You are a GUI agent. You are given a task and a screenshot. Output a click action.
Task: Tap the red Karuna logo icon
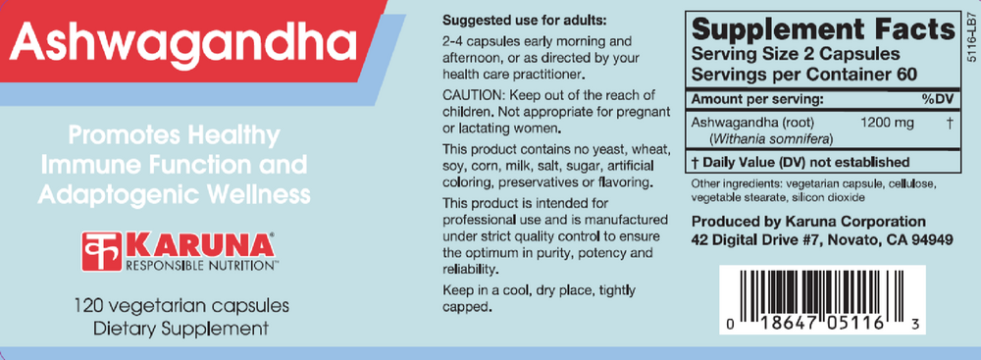coord(100,248)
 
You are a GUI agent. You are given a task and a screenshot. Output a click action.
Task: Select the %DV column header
coord(936,100)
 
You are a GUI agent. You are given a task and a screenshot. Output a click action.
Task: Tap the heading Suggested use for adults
coord(525,21)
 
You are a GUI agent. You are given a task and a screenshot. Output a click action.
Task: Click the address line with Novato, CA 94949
coord(822,238)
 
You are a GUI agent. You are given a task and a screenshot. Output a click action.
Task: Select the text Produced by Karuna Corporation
coord(808,221)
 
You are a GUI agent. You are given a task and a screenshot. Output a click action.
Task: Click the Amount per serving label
coord(753,100)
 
